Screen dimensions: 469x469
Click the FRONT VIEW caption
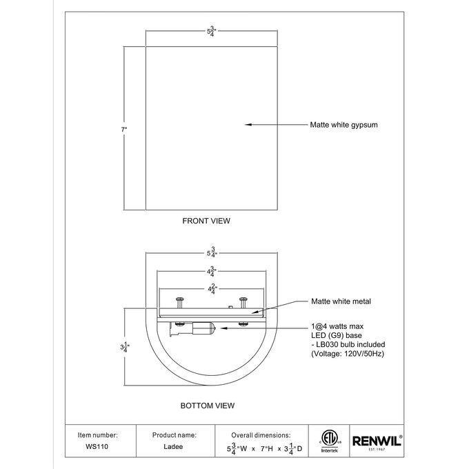coord(206,221)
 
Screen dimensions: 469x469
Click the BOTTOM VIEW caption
coord(208,406)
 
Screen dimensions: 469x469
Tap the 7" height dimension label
coord(124,130)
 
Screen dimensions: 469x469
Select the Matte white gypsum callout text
coord(343,125)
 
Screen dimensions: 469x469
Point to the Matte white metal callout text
coord(341,301)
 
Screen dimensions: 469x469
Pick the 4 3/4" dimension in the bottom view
coord(212,271)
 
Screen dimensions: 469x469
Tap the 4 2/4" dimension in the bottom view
coord(212,289)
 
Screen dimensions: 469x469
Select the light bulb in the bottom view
coord(203,328)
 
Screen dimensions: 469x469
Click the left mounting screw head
coord(180,299)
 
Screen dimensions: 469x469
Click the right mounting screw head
coord(243,299)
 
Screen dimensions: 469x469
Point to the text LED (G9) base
coord(337,335)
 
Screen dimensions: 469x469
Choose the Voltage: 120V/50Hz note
coord(348,354)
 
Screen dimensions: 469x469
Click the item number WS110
coord(97,446)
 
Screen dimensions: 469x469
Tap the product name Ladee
coord(173,446)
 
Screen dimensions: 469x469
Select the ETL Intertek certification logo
coord(329,441)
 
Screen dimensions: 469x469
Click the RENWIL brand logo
coord(377,442)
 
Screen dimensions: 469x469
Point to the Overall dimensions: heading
coord(261,435)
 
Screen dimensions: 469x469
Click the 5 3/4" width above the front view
coord(212,31)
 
